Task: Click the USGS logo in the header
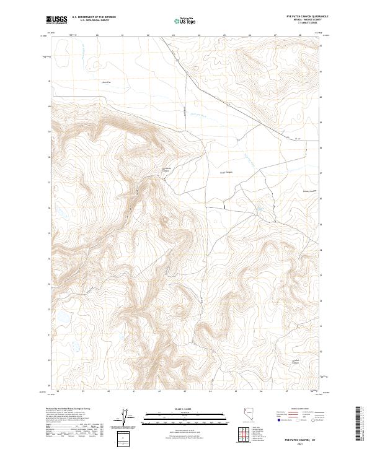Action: pos(57,20)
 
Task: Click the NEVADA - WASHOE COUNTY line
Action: pos(300,21)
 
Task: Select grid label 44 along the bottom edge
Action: pos(210,391)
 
